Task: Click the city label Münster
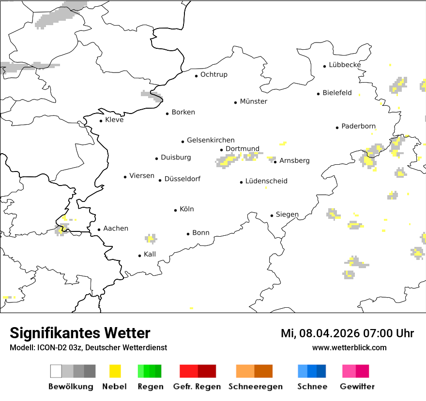coord(253,101)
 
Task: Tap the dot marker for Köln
coord(176,210)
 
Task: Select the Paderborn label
coord(358,126)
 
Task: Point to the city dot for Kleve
coord(101,121)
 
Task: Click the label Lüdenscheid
coord(266,181)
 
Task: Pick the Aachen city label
coord(116,229)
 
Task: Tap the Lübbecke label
coord(345,65)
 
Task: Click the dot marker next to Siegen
coord(272,215)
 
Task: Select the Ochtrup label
coord(213,74)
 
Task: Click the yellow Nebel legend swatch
coord(115,371)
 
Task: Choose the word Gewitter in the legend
coord(357,387)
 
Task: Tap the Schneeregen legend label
coord(255,387)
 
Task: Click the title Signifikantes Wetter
coord(80,333)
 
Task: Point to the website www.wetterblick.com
coord(349,347)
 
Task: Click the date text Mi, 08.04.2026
coord(322,333)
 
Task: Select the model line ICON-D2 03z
coord(88,347)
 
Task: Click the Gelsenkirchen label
coord(211,140)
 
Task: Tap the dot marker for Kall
coord(140,256)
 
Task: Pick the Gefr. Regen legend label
coord(197,387)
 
